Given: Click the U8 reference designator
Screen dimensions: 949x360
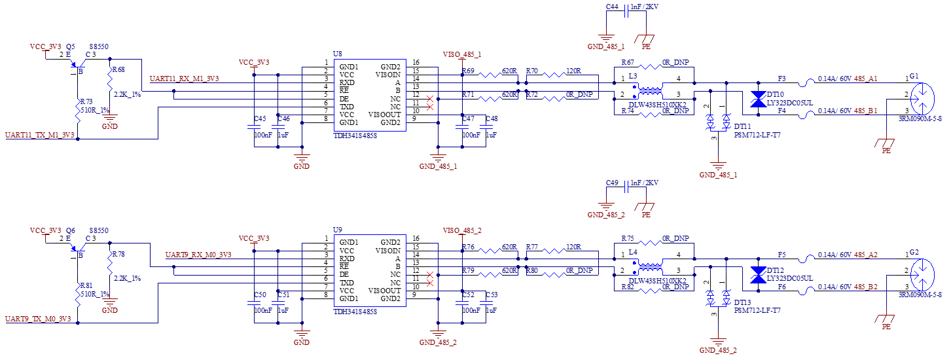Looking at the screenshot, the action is (x=337, y=54).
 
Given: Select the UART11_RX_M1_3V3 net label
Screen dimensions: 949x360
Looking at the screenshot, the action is (x=185, y=79).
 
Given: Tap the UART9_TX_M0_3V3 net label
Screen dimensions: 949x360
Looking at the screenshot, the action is (x=38, y=319).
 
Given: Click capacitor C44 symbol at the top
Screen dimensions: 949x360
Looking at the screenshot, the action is (x=626, y=11).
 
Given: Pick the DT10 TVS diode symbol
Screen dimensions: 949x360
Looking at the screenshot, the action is (x=758, y=99).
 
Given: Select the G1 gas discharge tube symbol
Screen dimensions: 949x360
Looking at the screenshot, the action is (x=922, y=99).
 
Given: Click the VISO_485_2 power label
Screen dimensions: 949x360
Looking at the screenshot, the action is (x=462, y=230).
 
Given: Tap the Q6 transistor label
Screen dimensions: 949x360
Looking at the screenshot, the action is (x=70, y=230).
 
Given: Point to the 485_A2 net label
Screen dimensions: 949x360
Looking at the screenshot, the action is (x=865, y=255).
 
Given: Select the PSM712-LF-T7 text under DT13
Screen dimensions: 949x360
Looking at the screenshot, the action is (x=757, y=310).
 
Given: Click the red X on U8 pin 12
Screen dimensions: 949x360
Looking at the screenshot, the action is (x=430, y=99).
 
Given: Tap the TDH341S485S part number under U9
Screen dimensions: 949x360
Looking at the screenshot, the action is (x=355, y=312).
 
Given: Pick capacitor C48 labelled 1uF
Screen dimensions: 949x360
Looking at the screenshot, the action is (x=486, y=126).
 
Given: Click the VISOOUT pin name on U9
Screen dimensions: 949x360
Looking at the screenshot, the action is (x=384, y=291).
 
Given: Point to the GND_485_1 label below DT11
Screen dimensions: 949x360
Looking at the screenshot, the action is (x=718, y=175).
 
